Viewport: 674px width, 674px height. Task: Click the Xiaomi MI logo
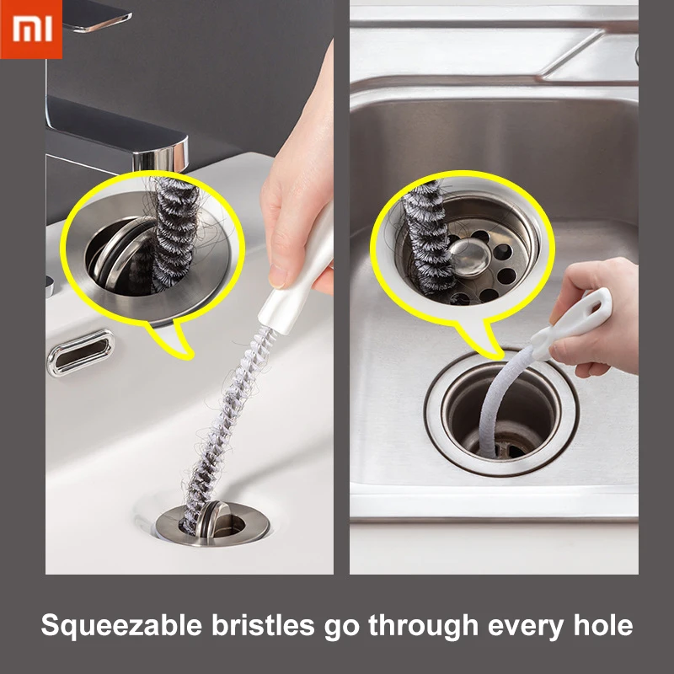pos(31,29)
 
